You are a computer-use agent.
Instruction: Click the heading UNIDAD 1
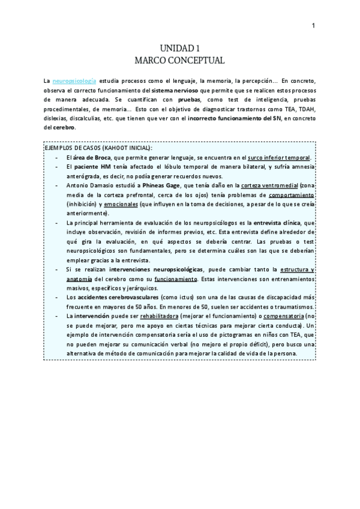pyautogui.click(x=179, y=49)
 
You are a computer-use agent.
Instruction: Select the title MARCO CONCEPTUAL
pyautogui.click(x=179, y=60)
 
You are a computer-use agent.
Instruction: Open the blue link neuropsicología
pyautogui.click(x=71, y=80)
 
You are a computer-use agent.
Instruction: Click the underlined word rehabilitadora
pyautogui.click(x=164, y=315)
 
